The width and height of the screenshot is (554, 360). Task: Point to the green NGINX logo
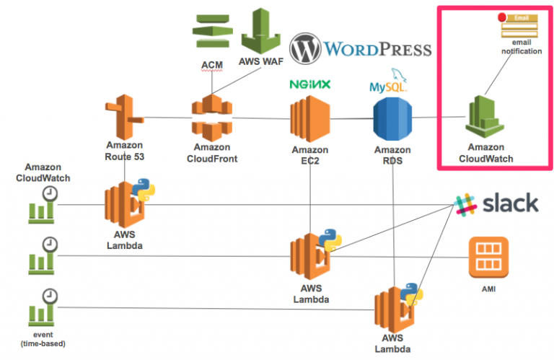[310, 84]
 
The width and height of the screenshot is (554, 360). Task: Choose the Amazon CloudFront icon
[212, 118]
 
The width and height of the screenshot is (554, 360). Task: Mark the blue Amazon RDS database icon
[392, 119]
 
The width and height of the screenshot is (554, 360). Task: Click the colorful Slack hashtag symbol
[465, 203]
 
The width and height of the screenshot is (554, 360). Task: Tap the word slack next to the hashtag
[509, 203]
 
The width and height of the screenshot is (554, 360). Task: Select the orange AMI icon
[489, 258]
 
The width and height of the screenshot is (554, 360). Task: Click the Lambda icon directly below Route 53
[126, 206]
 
